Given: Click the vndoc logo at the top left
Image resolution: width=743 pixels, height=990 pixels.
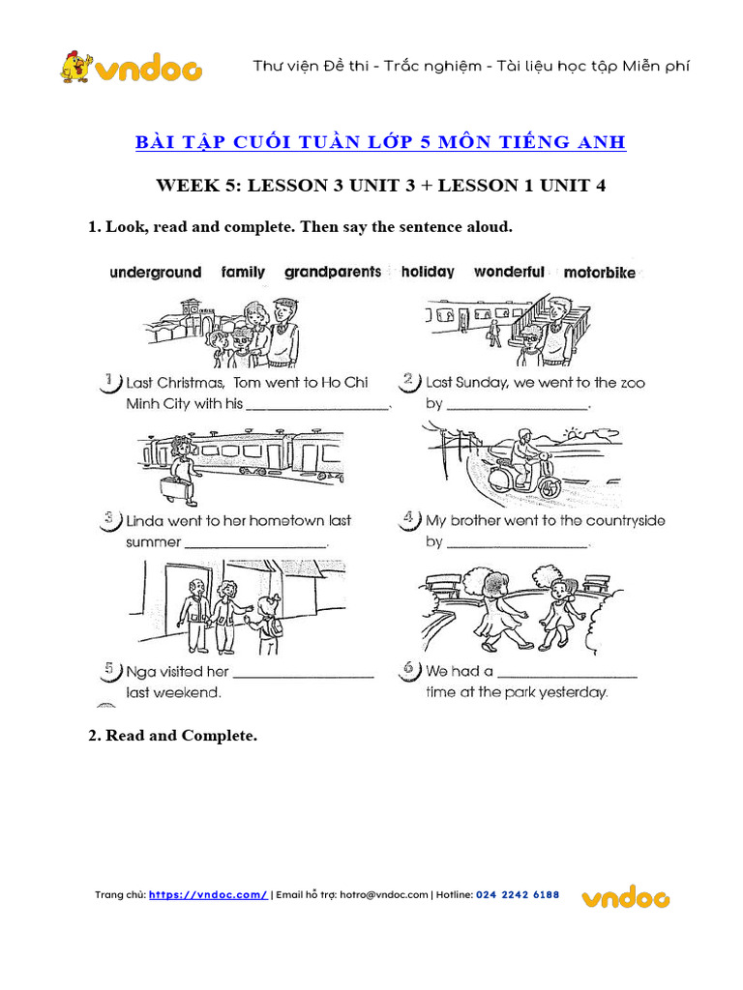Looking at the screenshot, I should (131, 67).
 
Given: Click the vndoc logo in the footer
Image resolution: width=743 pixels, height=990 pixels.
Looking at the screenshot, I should (625, 897).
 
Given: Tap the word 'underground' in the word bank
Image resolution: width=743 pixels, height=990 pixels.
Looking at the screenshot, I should (156, 273).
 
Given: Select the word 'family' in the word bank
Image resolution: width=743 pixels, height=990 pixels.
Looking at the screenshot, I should (243, 273).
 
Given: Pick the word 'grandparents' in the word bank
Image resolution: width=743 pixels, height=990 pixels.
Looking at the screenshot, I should (333, 273).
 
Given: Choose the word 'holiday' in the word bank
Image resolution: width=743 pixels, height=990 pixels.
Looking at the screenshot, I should (428, 273).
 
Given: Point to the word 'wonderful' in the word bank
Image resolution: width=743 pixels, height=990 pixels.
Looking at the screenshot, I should (509, 273).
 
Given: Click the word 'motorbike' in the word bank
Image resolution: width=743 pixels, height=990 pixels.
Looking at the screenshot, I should (600, 273).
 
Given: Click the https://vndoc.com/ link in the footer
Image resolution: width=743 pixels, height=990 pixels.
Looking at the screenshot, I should (208, 895).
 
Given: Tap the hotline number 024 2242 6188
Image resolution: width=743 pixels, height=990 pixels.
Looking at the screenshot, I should (518, 895).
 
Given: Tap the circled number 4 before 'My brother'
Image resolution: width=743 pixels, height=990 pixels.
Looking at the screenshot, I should (409, 520).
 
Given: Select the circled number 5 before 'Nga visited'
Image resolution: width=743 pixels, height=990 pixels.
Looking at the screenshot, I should (111, 670).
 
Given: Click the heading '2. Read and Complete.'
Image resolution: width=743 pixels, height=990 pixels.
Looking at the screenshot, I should (172, 736).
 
